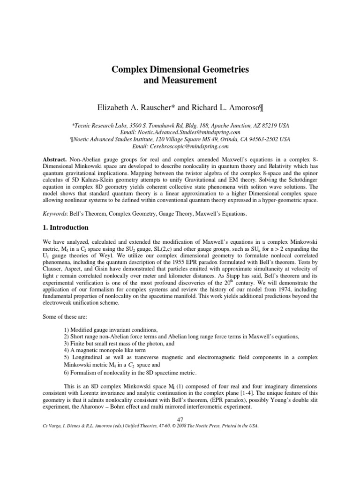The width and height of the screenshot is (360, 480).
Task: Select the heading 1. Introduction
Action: tap(65, 227)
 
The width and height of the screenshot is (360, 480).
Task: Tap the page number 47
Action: tap(180, 419)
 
